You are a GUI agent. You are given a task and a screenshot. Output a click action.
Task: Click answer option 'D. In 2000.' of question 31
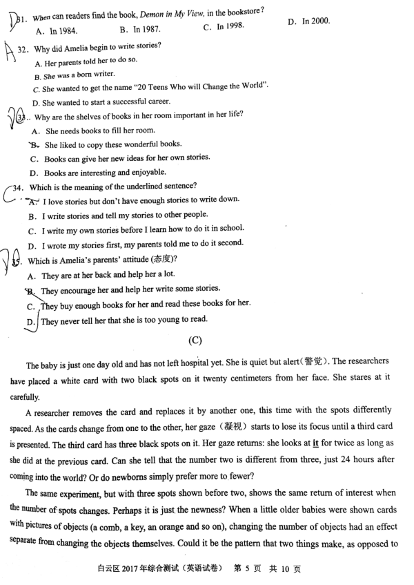(308, 21)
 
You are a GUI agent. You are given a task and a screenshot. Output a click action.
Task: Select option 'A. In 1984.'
(56, 31)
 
